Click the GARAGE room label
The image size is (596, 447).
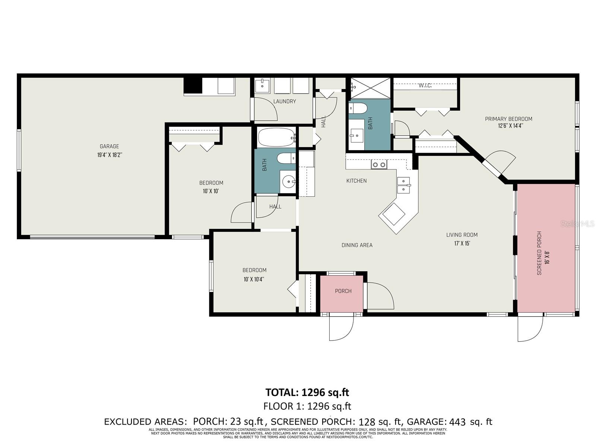tap(109, 146)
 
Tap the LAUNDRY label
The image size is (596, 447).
tap(285, 101)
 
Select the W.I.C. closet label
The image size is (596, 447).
tap(425, 86)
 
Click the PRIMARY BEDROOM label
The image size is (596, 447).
tap(508, 119)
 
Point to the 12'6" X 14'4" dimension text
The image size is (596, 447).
tap(510, 126)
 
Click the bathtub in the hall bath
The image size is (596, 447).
tap(276, 137)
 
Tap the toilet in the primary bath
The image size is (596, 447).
tap(358, 108)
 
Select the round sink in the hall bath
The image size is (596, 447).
tap(288, 183)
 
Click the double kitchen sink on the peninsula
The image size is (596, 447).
tap(403, 185)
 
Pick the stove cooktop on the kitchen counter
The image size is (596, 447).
tap(379, 164)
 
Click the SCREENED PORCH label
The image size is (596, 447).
tap(539, 253)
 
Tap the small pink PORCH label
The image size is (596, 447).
tap(343, 291)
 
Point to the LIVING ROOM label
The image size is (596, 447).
tap(462, 235)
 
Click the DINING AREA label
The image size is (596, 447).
tap(357, 245)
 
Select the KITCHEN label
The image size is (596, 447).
tap(356, 181)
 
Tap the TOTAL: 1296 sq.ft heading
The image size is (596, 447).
tap(307, 392)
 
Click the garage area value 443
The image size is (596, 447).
tap(457, 422)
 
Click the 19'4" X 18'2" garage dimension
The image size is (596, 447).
tap(110, 154)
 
